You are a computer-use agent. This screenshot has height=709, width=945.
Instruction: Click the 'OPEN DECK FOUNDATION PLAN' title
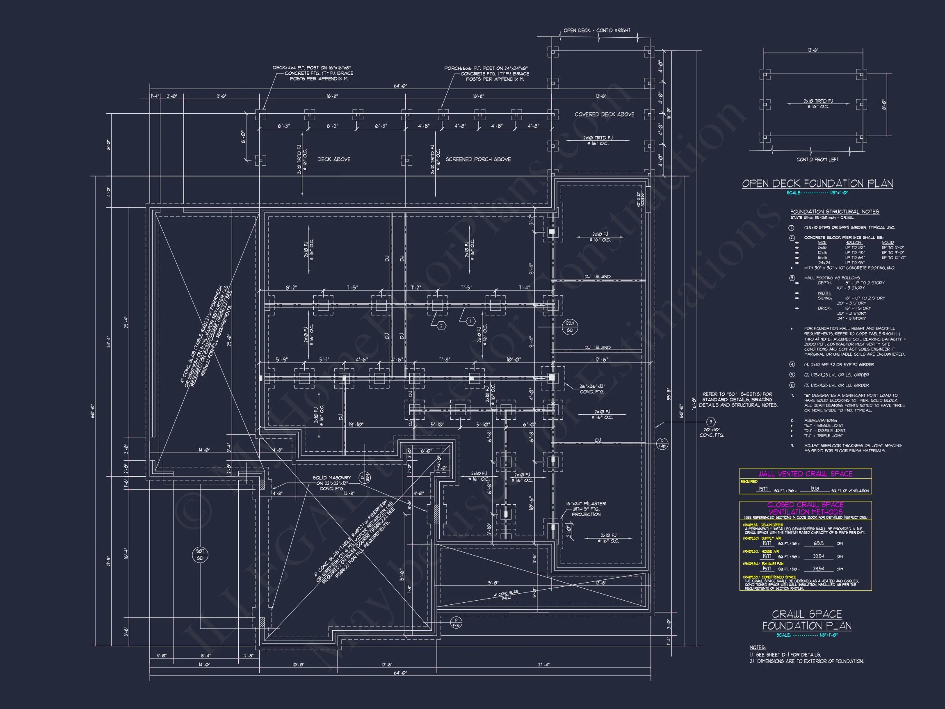pos(817,184)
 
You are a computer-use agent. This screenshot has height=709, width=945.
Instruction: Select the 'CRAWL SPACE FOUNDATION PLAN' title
pos(807,620)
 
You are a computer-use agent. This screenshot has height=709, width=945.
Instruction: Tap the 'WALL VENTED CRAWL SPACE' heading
pos(805,473)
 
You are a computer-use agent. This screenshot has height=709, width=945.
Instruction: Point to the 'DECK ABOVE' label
pos(333,160)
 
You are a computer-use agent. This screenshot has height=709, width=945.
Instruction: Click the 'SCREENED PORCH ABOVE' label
pos(478,160)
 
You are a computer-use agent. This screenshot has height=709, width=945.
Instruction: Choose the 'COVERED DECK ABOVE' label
pos(604,114)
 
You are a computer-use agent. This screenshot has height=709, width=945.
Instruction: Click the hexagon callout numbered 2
pos(441,326)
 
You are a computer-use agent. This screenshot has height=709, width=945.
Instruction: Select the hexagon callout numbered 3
pos(711,422)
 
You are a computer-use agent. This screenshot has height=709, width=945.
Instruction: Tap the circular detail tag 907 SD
pos(200,555)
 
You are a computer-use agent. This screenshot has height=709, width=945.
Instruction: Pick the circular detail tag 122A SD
pos(570,327)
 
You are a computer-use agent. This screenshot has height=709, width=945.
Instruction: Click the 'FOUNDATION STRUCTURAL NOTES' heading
pos(834,212)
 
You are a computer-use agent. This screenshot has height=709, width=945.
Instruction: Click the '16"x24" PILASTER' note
pos(586,503)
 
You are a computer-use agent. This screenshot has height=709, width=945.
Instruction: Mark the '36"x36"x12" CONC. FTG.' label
pos(592,389)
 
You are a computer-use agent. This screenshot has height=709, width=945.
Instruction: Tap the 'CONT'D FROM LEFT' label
pos(817,160)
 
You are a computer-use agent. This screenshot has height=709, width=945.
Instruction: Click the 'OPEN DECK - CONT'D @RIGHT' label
pos(597,30)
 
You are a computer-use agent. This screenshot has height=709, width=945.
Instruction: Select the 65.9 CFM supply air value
pos(819,544)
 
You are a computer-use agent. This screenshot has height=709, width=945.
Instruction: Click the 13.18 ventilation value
pos(815,489)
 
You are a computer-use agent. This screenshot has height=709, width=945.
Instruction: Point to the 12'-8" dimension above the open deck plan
pos(813,50)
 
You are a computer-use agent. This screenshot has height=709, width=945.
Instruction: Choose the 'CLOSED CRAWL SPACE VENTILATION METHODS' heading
pos(805,508)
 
